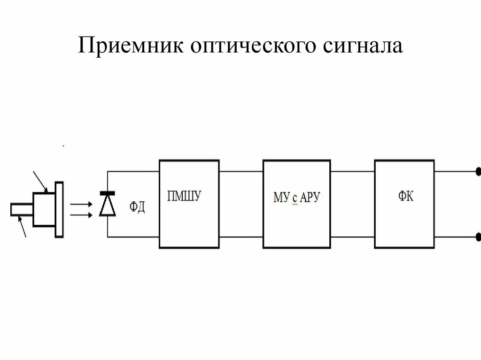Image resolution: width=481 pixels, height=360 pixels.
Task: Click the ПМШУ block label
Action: [184, 196]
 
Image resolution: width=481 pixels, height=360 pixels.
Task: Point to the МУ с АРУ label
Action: [296, 198]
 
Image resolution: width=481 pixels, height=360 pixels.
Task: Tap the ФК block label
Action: [406, 197]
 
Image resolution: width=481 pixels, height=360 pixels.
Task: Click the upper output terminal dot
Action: [478, 172]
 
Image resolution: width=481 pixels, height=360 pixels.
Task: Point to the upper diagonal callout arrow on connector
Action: [40, 182]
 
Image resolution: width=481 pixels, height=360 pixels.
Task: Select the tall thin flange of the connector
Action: [59, 209]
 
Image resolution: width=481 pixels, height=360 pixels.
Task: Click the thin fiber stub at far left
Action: [21, 210]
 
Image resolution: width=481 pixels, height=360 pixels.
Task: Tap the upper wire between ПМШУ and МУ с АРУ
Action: [240, 171]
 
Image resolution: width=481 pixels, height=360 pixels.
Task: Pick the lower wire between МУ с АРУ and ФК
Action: [352, 237]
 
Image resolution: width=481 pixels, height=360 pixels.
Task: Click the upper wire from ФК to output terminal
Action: [454, 171]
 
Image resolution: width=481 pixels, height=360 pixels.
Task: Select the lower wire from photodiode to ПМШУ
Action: [133, 237]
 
